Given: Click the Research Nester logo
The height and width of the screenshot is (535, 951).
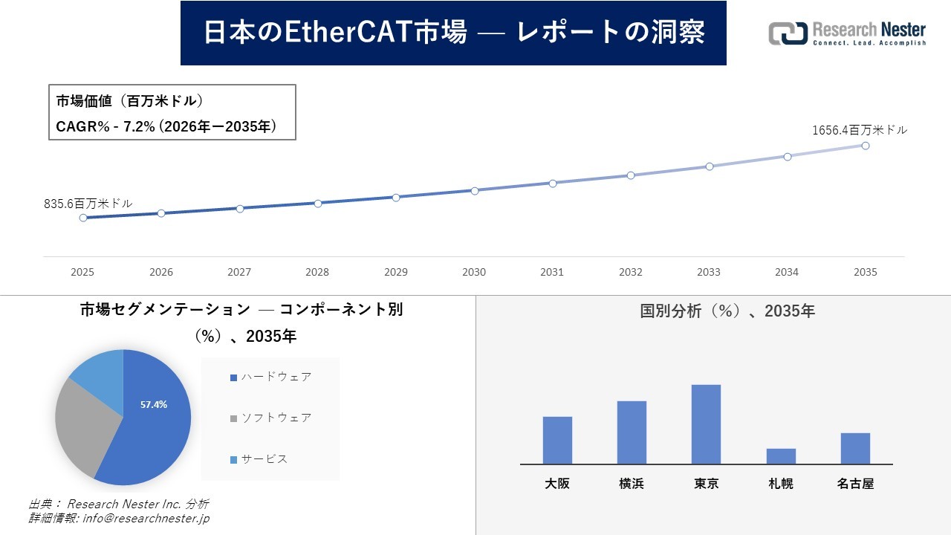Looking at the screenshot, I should coord(847,33).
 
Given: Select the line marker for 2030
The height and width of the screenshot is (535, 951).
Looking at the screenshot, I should coord(474,190).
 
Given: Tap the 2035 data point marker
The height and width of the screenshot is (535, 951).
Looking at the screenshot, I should coord(866,146).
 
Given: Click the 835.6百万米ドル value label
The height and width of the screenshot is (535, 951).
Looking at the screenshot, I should coord(88,203).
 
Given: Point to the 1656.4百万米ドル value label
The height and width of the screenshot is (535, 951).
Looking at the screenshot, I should coord(859,130).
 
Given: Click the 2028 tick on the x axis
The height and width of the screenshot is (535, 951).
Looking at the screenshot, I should coord(317,272).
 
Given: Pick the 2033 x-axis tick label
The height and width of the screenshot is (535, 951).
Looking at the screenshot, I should coord(709,272).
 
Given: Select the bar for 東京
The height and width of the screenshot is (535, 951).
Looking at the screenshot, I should coord(706,424).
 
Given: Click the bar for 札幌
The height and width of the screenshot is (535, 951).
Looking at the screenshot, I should coord(781,456).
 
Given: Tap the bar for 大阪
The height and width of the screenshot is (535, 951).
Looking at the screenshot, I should coord(557,440).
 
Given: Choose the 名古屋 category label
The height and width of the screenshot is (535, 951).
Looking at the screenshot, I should coord(855,484).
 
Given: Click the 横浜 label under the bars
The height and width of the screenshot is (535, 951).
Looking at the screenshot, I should coord(632,484).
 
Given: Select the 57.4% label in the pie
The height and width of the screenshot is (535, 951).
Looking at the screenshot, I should coord(154,405).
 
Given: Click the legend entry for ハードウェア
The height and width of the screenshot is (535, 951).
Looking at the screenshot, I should coord(271,377).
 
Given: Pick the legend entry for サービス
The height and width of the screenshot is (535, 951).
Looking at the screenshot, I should coord(259,459).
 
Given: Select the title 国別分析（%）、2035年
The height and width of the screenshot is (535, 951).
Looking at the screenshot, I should coord(727,311).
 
